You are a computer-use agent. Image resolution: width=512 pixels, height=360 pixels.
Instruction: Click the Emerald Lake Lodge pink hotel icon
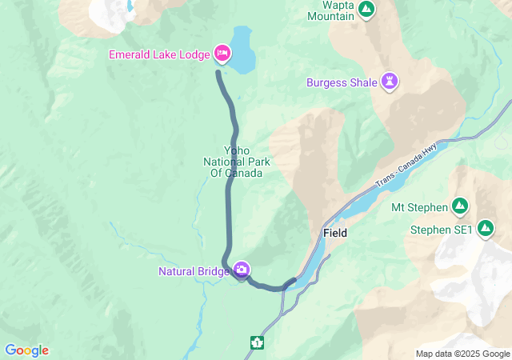[x=222, y=54]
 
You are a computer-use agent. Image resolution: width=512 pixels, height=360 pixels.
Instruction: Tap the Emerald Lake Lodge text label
[x=161, y=54]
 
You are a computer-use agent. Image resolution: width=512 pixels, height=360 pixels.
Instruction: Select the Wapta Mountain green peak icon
[x=366, y=10]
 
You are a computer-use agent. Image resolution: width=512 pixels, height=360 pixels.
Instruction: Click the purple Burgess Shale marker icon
[x=390, y=82]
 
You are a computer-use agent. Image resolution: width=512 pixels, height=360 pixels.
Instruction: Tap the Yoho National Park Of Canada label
[x=236, y=162]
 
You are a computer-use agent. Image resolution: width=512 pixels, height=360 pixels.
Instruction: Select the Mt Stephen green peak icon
[x=460, y=207]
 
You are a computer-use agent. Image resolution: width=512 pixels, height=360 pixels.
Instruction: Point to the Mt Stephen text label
[x=419, y=208]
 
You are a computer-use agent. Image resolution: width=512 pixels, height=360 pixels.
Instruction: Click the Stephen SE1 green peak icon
[x=486, y=230]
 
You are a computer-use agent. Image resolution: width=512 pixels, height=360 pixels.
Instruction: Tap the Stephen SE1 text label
[x=441, y=230]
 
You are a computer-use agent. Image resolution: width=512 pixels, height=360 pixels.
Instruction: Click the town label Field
[x=334, y=233]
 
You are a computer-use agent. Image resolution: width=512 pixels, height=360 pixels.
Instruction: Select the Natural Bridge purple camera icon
[x=241, y=270]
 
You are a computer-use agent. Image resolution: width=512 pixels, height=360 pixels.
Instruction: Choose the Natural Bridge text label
[x=193, y=271]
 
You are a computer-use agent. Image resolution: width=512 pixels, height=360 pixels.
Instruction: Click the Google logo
[x=26, y=350]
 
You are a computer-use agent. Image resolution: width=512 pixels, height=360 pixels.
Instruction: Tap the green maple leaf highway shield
[x=258, y=343]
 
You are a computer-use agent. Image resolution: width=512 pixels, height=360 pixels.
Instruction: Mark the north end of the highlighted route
[x=218, y=73]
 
